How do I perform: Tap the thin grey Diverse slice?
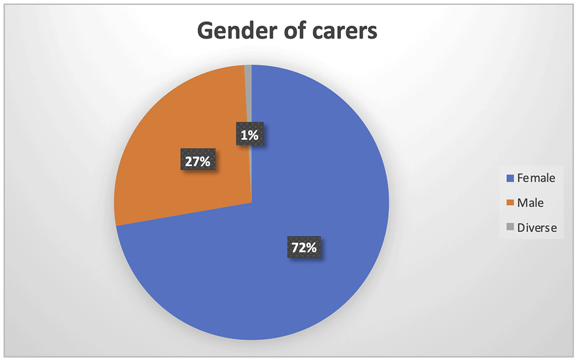pyautogui.click(x=248, y=96)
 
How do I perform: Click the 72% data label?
pyautogui.click(x=304, y=247)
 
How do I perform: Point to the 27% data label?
pyautogui.click(x=198, y=161)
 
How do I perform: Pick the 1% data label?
pyautogui.click(x=249, y=135)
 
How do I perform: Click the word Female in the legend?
pyautogui.click(x=536, y=178)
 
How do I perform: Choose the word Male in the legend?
pyautogui.click(x=530, y=203)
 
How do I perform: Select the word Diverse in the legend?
pyautogui.click(x=537, y=228)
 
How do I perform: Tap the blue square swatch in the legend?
pyautogui.click(x=510, y=178)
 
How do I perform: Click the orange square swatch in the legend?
pyautogui.click(x=510, y=203)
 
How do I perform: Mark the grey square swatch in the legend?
pyautogui.click(x=510, y=228)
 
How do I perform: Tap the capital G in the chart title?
pyautogui.click(x=206, y=30)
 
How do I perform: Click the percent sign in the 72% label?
pyautogui.click(x=312, y=248)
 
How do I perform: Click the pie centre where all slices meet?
pyautogui.click(x=252, y=202)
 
